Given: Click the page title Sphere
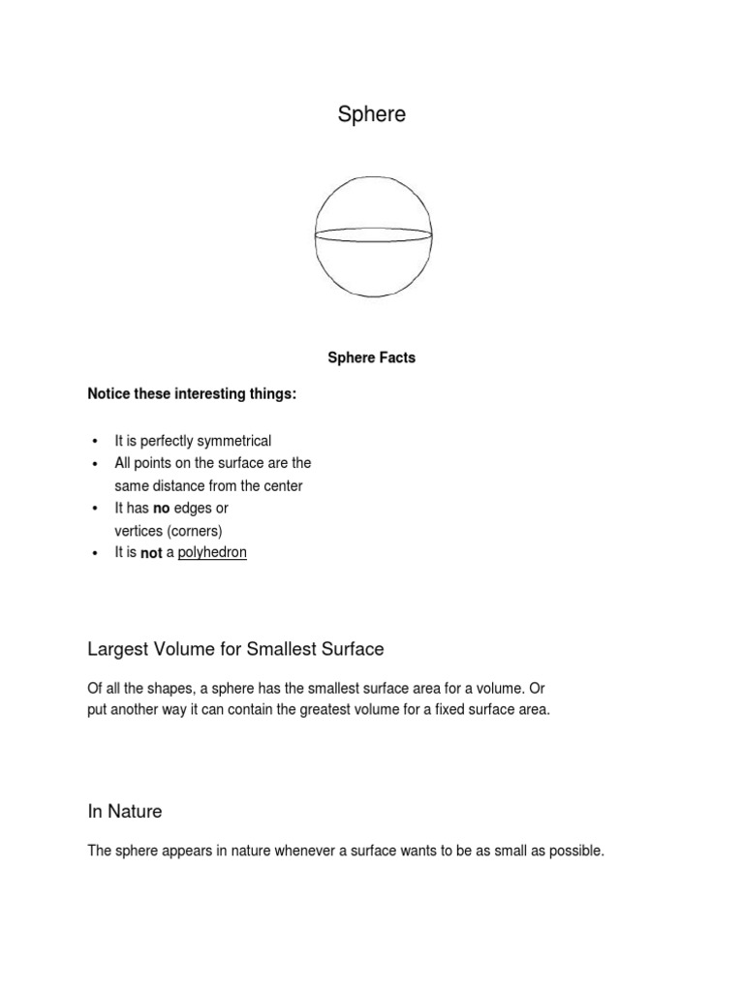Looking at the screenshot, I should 371,114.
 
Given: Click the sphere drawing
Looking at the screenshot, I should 373,237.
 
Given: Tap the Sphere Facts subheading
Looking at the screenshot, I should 371,357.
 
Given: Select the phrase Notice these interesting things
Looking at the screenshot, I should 192,393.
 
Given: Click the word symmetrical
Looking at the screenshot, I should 234,441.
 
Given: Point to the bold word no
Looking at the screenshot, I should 161,508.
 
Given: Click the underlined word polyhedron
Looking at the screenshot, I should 212,552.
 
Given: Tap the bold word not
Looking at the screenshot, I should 151,553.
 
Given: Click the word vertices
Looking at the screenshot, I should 139,531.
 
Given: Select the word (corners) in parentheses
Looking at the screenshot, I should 194,531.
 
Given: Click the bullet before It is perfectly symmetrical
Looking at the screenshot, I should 95,442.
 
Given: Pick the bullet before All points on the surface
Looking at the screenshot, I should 95,464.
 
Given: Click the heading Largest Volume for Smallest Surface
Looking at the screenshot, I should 236,648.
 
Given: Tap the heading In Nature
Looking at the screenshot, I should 125,811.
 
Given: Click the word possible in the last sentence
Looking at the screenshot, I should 577,851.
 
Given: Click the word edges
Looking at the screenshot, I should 193,508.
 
